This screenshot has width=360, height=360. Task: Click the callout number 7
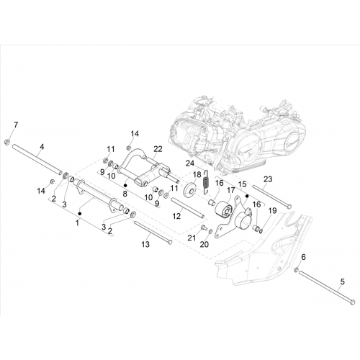click(x=16, y=125)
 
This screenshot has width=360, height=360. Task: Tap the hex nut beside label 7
click(x=7, y=142)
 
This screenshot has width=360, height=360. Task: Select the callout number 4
click(x=42, y=147)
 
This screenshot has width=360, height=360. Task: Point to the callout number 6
click(x=303, y=257)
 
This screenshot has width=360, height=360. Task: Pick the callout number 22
click(x=158, y=149)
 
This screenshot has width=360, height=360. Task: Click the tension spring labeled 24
click(x=206, y=181)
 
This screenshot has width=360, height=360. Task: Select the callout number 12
click(x=176, y=216)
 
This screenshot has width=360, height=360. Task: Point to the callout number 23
click(x=268, y=179)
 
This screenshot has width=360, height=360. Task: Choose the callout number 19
click(x=272, y=211)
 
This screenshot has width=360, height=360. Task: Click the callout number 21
click(x=192, y=238)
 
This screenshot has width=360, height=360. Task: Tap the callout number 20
click(x=204, y=244)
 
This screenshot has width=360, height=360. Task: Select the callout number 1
click(x=77, y=223)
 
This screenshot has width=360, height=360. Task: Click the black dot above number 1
click(x=80, y=213)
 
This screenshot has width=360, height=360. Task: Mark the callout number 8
click(x=125, y=194)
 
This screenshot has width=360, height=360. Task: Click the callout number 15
click(x=243, y=184)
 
